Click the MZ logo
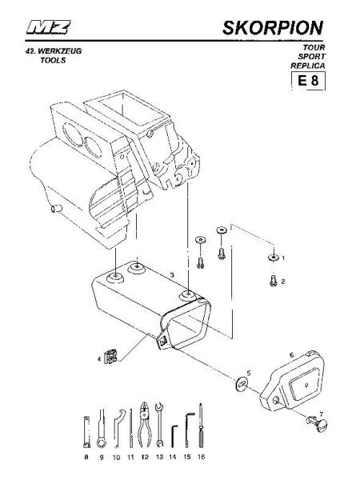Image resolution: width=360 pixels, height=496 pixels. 48,27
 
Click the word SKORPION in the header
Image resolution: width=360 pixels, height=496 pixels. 273,28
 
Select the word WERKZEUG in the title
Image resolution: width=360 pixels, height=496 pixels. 59,51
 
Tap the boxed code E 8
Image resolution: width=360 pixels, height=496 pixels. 308,81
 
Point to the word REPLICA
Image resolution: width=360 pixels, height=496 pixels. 308,66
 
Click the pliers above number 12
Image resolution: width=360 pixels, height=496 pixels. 144,425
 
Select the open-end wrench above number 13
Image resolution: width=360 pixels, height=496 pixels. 159,425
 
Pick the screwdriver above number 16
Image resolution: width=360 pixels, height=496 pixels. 201,425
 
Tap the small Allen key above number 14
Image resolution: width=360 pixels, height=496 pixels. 174,436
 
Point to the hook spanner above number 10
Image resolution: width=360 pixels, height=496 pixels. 117,429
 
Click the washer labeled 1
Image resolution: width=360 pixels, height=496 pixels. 273,258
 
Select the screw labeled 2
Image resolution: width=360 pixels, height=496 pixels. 273,281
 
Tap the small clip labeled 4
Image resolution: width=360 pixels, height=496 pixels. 110,357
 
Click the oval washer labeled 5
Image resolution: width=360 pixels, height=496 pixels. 242,384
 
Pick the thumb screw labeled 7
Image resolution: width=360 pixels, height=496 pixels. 318,424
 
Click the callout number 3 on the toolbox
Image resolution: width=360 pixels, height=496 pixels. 172,275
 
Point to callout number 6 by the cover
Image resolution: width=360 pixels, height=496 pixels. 292,355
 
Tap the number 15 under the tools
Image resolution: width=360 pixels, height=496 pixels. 187,457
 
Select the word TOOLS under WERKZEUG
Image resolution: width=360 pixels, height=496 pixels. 53,60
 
